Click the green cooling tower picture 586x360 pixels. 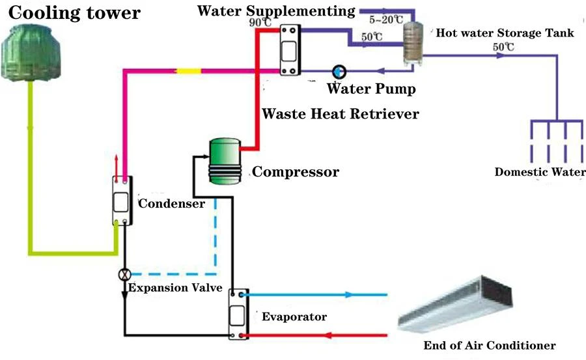[31, 52]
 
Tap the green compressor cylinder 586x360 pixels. [225, 161]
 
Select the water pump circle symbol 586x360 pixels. [339, 72]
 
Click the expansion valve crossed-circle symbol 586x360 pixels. [124, 275]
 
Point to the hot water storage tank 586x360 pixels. [413, 44]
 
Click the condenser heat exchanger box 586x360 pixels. [122, 201]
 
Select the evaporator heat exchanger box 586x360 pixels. [238, 314]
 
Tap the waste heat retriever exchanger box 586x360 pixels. [290, 50]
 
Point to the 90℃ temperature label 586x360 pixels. [260, 22]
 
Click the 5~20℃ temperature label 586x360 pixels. [386, 20]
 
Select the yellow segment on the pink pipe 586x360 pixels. [189, 71]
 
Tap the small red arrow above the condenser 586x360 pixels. [117, 168]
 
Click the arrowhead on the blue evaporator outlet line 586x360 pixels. [349, 295]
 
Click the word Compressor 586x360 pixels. [295, 172]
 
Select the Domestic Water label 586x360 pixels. [540, 172]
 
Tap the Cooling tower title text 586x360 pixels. [74, 13]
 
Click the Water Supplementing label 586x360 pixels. [276, 11]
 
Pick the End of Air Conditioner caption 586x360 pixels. [490, 345]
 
